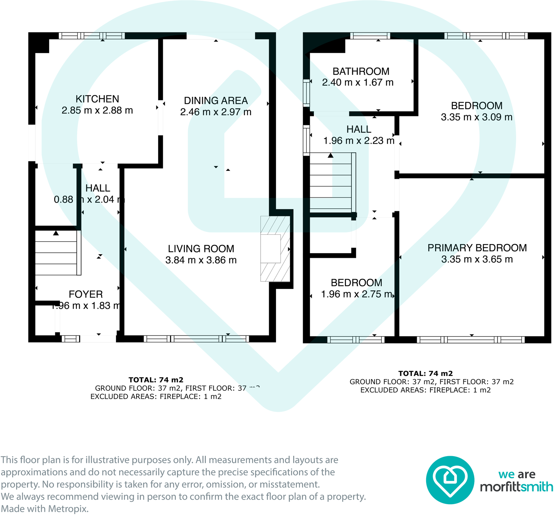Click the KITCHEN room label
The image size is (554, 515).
click(x=97, y=99)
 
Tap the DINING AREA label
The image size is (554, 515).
click(x=216, y=101)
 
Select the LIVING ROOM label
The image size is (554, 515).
click(x=201, y=249)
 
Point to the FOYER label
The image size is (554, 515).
click(x=86, y=294)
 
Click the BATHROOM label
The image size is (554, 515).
click(x=361, y=72)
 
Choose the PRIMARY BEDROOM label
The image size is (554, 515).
click(x=477, y=248)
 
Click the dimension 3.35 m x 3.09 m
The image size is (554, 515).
click(x=476, y=117)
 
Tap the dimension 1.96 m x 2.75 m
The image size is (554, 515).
click(x=357, y=294)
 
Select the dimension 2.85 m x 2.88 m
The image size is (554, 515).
click(x=97, y=111)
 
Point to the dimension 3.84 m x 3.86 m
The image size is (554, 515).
click(x=201, y=260)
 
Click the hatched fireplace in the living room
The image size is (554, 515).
click(x=275, y=248)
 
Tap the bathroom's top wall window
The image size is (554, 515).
click(x=370, y=35)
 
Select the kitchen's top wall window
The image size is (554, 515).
click(x=92, y=35)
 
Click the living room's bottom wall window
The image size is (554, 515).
click(x=196, y=339)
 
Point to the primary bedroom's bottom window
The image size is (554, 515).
click(x=471, y=339)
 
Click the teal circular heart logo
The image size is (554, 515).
click(x=450, y=480)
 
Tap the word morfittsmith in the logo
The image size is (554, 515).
click(x=516, y=487)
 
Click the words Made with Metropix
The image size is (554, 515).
click(x=44, y=509)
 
